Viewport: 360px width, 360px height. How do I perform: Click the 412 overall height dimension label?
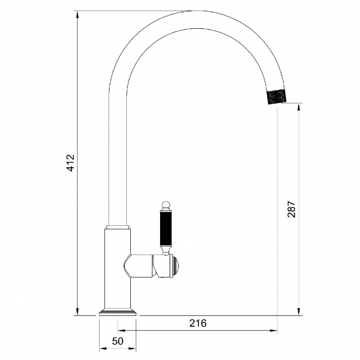click(x=70, y=162)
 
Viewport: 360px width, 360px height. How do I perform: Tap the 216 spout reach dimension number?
click(x=197, y=323)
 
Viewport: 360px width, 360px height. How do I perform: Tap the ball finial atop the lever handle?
click(x=164, y=205)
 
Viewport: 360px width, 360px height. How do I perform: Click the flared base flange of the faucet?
click(x=118, y=312)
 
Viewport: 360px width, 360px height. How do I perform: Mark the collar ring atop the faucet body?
click(x=118, y=227)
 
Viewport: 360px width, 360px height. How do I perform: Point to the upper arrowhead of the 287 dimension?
click(x=299, y=107)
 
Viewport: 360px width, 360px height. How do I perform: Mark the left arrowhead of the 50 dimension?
click(x=103, y=349)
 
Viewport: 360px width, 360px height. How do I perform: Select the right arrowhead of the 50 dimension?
click(x=133, y=349)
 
